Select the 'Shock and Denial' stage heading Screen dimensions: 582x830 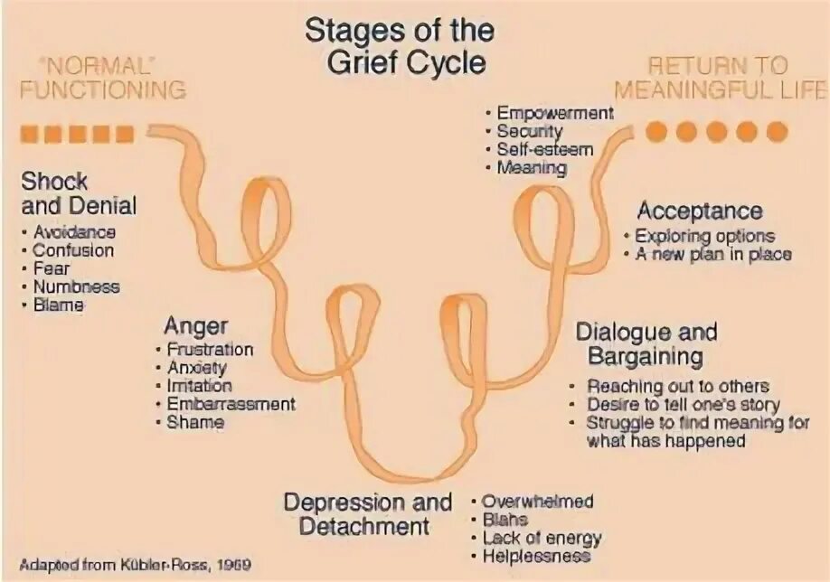coord(79,192)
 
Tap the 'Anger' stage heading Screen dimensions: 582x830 coord(196,325)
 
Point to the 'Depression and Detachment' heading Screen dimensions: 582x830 coord(367,513)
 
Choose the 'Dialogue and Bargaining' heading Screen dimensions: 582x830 coord(646,343)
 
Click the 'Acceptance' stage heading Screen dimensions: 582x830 coord(700,211)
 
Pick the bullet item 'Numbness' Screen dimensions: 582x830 coord(76,286)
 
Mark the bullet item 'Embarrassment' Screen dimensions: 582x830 coord(231,404)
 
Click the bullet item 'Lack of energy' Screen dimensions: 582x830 coord(541,539)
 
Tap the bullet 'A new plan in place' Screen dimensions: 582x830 coord(712,254)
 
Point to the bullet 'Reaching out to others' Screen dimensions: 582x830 coord(678,386)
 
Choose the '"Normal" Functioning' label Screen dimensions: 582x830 coord(102,79)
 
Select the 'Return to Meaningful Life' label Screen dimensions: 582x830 coord(720,79)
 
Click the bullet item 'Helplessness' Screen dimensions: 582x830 coord(536,557)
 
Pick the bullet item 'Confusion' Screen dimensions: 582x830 coord(73,250)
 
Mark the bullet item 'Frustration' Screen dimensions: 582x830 coord(210,350)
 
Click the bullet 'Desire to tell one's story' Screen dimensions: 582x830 coord(683,405)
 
